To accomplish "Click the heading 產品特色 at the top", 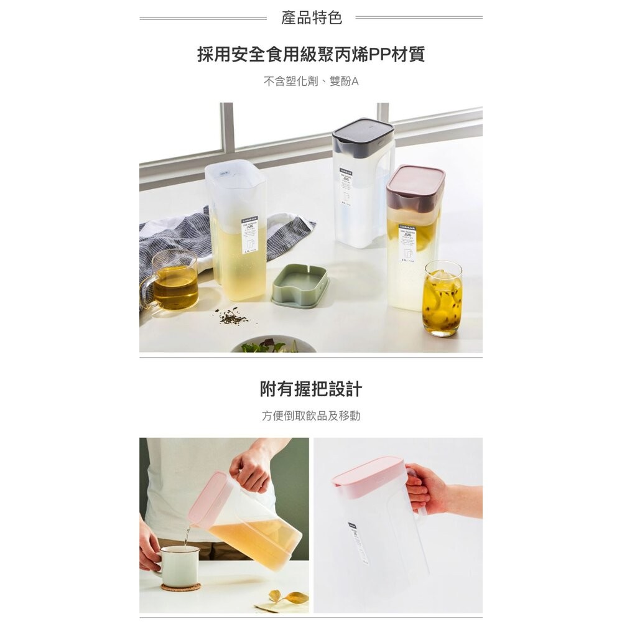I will [x=311, y=18].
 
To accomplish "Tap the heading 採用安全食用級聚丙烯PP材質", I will [x=311, y=55].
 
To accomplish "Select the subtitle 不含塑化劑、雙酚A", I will [x=311, y=81].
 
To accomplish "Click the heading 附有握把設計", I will [x=311, y=389].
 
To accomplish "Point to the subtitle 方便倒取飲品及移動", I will [x=311, y=416].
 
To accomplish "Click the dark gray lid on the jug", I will [x=363, y=136].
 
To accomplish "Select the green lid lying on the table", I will [x=300, y=285].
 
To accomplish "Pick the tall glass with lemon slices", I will [x=442, y=299].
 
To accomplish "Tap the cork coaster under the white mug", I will [x=180, y=587].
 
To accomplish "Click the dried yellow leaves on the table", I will [x=290, y=598].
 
